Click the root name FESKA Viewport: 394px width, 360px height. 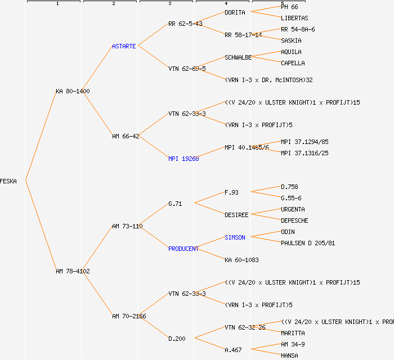point(8,181)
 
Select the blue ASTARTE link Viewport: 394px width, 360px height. point(124,46)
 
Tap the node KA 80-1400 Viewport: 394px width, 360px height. point(73,91)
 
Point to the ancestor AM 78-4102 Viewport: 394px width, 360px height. point(73,271)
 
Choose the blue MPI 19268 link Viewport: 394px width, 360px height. point(183,159)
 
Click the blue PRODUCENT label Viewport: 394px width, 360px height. point(183,249)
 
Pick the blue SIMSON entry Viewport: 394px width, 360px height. point(235,237)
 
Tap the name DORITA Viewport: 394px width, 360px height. point(235,12)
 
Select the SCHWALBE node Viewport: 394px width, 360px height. point(238,57)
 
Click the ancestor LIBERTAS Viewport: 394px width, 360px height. point(294,18)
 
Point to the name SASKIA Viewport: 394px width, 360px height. point(291,40)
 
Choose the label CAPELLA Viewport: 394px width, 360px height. point(293,63)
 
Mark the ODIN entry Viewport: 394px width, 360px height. point(288,232)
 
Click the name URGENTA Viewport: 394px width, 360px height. point(293,209)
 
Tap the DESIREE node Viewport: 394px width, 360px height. point(236,215)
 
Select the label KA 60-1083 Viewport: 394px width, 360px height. point(241,260)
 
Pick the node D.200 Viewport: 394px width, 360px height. point(177,339)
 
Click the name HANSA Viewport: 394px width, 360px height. point(289,355)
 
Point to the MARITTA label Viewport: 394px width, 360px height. point(293,333)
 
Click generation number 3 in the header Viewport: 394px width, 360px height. point(169,4)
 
